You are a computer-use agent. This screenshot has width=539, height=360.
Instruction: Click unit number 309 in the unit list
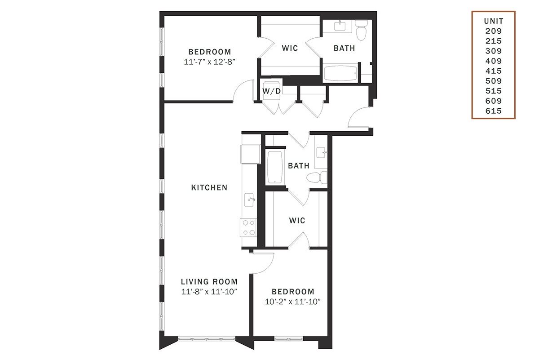[494, 51]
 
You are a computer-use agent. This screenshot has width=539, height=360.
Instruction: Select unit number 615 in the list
[494, 111]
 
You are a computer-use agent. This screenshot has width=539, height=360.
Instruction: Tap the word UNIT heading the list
[494, 21]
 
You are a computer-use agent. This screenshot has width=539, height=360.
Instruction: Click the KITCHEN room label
[209, 187]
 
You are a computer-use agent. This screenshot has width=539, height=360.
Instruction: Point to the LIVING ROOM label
[209, 281]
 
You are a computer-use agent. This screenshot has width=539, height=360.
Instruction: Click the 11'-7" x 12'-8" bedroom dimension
[209, 62]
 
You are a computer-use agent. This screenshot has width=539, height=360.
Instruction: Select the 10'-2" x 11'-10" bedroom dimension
[293, 302]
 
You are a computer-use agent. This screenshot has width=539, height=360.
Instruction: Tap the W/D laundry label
[272, 91]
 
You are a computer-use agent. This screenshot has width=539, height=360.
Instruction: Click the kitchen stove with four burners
[248, 228]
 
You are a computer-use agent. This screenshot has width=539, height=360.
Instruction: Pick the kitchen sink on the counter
[250, 200]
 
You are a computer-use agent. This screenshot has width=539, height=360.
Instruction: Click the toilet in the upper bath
[361, 30]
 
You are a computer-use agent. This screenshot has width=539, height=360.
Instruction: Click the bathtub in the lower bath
[275, 167]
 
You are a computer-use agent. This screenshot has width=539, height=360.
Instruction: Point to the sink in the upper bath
[340, 26]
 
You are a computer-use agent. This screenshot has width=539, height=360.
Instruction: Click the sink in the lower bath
[321, 153]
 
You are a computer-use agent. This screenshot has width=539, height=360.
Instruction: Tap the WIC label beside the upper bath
[290, 48]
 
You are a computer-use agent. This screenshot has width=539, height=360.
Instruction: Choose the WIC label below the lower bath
[297, 220]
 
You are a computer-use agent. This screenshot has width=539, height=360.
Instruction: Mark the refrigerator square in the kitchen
[251, 154]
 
